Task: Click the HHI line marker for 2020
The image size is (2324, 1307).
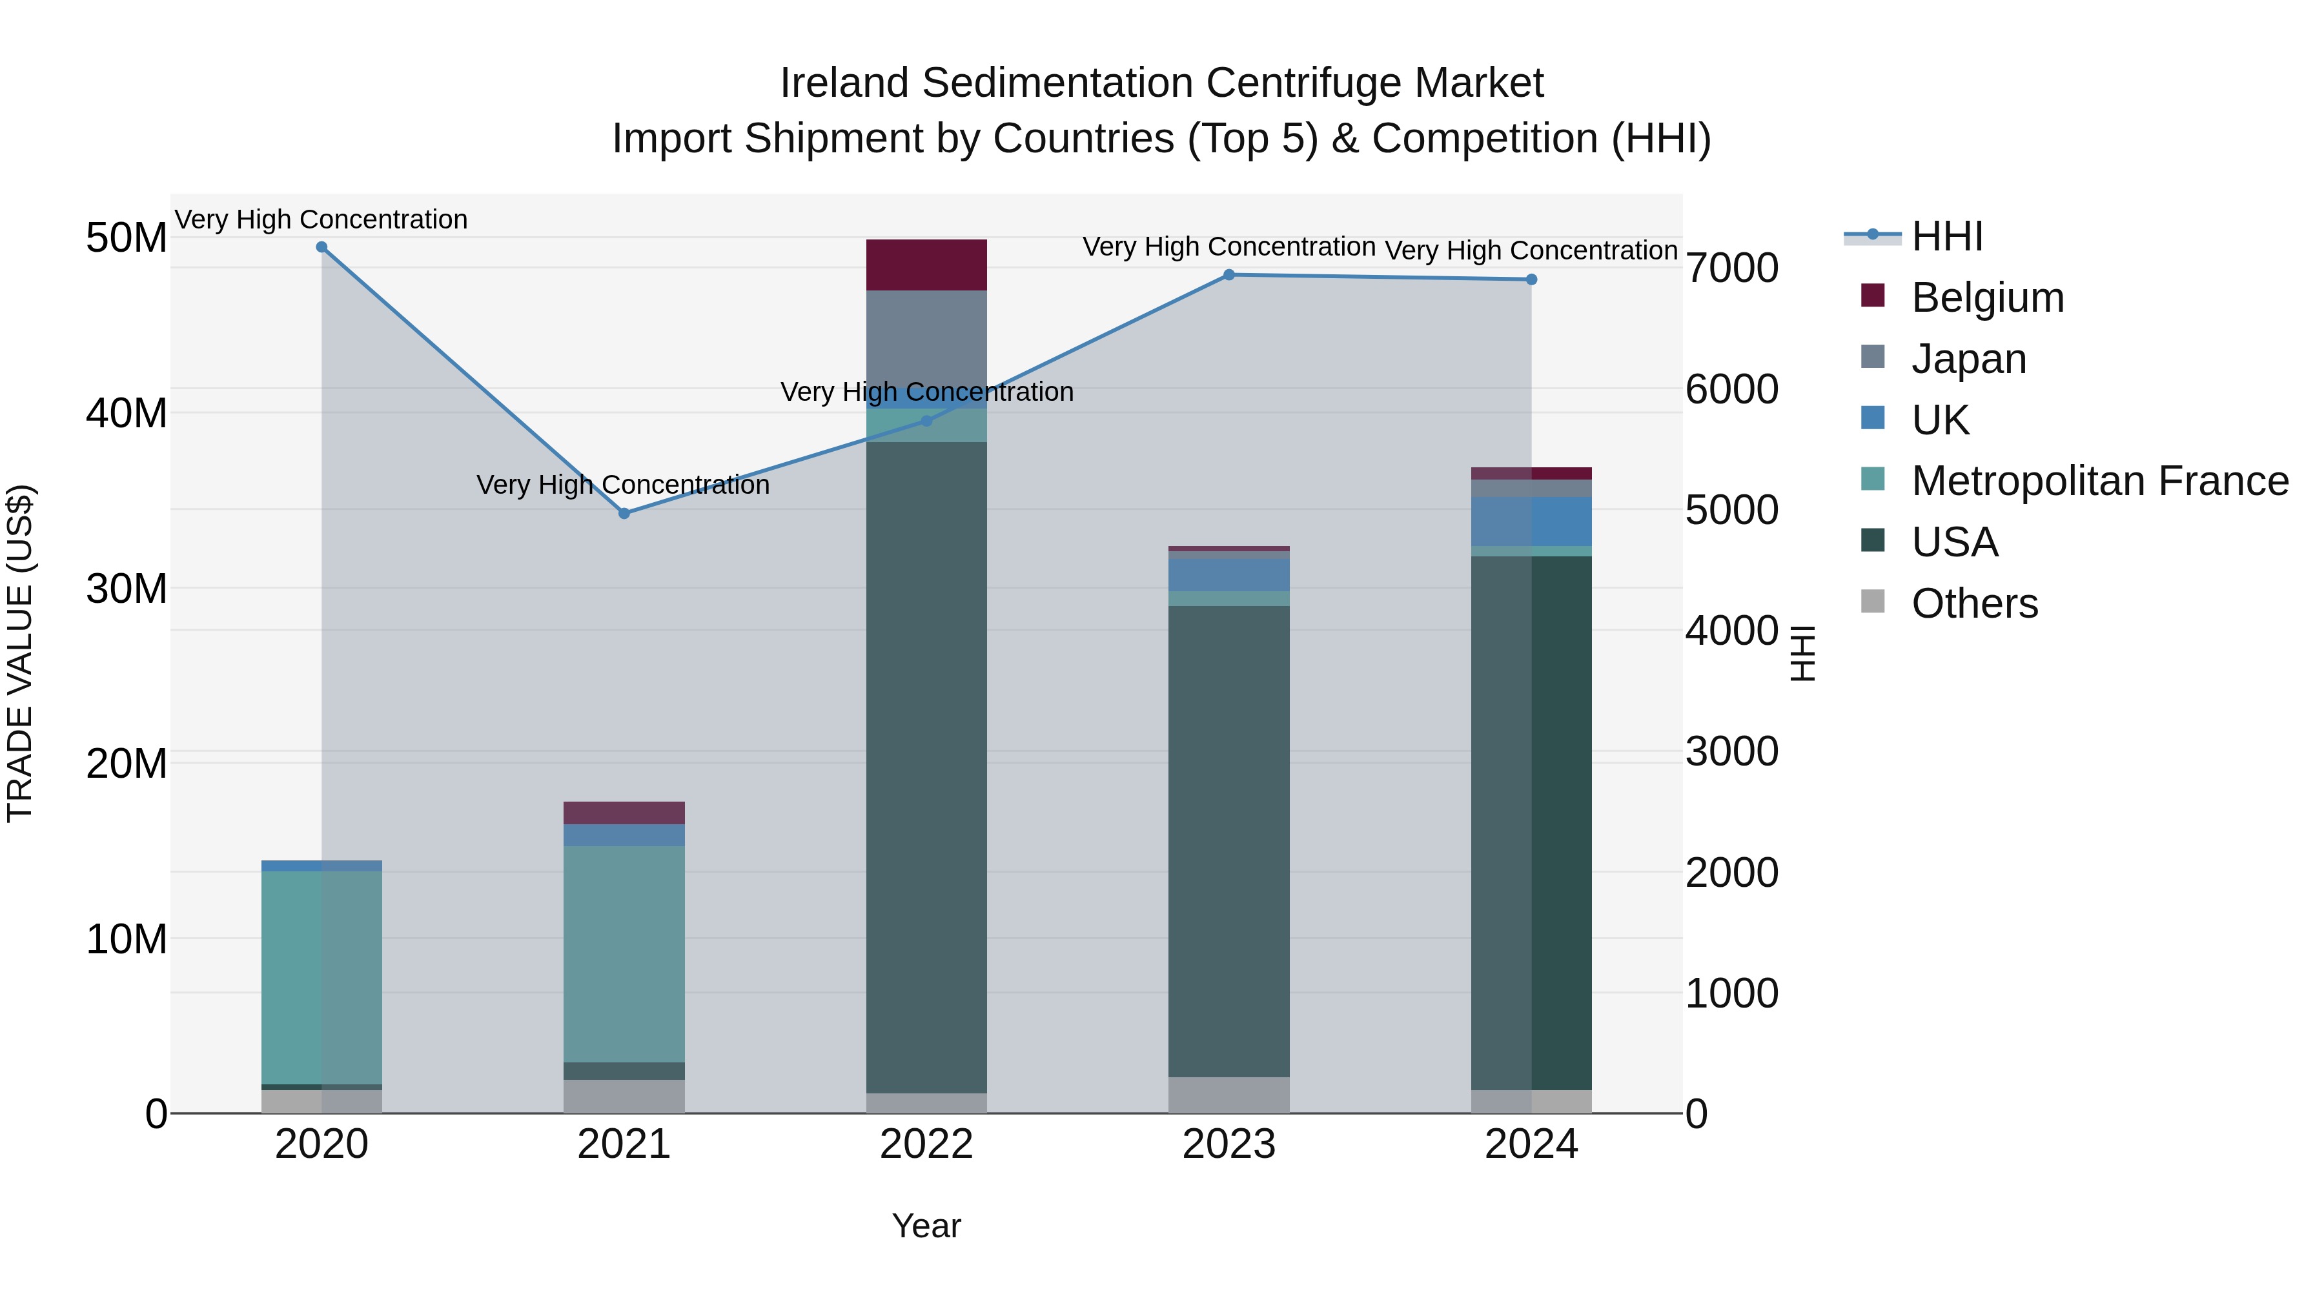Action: pyautogui.click(x=321, y=247)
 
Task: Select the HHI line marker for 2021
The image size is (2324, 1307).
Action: pyautogui.click(x=624, y=513)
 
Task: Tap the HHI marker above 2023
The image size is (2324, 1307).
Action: pyautogui.click(x=1228, y=275)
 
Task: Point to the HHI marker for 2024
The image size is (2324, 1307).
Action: pyautogui.click(x=1531, y=279)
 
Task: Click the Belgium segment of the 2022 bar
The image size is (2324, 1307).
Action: pyautogui.click(x=926, y=265)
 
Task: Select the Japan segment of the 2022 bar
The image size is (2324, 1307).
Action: pyautogui.click(x=926, y=338)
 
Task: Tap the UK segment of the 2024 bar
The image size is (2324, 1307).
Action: pyautogui.click(x=1531, y=522)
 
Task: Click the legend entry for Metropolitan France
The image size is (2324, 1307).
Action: pyautogui.click(x=2099, y=481)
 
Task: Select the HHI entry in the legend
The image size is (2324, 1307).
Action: pyautogui.click(x=1947, y=236)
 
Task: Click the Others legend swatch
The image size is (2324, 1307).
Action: pyautogui.click(x=1873, y=602)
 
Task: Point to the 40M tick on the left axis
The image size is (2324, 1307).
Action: pyautogui.click(x=127, y=413)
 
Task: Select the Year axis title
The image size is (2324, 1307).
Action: pyautogui.click(x=926, y=1226)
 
